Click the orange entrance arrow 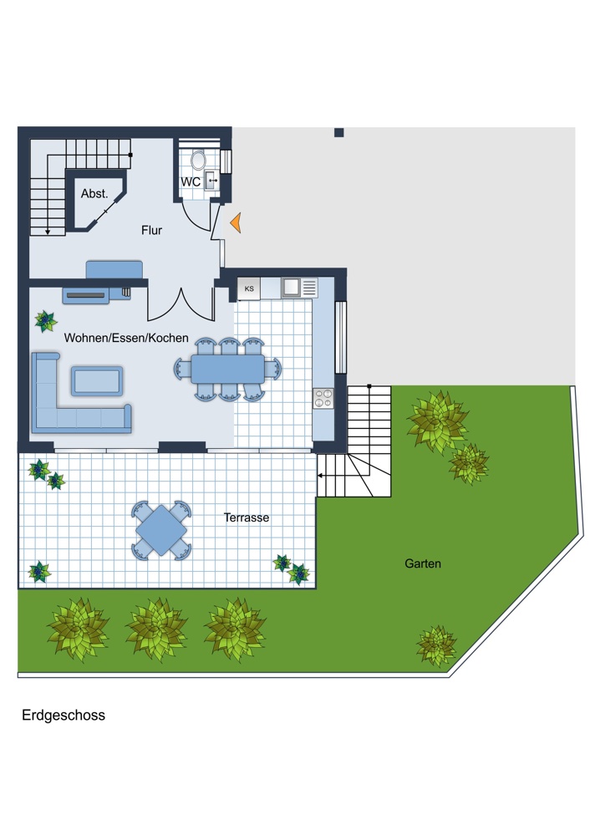pyautogui.click(x=237, y=222)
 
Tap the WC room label pyautogui.click(x=191, y=181)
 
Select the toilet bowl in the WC pyautogui.click(x=198, y=160)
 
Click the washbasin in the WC pyautogui.click(x=211, y=181)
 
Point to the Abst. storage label pyautogui.click(x=94, y=194)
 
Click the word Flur pyautogui.click(x=151, y=231)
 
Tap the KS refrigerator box pyautogui.click(x=249, y=288)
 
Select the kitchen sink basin pyautogui.click(x=291, y=288)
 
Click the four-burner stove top pyautogui.click(x=323, y=398)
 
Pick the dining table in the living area pyautogui.click(x=227, y=369)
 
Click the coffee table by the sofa pyautogui.click(x=97, y=380)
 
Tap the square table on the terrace pyautogui.click(x=161, y=530)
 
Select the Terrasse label pyautogui.click(x=247, y=517)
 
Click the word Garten pyautogui.click(x=423, y=563)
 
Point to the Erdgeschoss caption pyautogui.click(x=64, y=716)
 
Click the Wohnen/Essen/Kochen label pyautogui.click(x=126, y=338)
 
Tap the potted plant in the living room pyautogui.click(x=46, y=321)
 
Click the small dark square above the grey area pyautogui.click(x=339, y=133)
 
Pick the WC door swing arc pyautogui.click(x=193, y=220)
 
